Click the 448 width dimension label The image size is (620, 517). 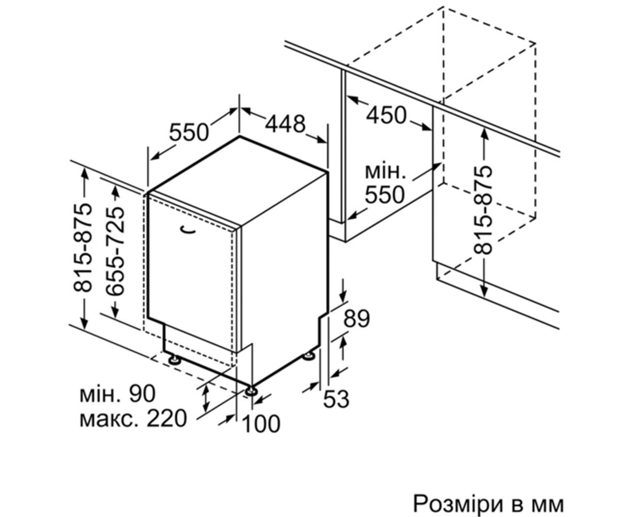285,124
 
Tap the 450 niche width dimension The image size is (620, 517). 386,115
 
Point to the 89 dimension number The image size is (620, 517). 357,319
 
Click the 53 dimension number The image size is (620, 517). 336,399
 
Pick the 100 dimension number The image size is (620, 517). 261,423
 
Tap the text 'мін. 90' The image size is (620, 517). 118,394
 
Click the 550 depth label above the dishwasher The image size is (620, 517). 189,132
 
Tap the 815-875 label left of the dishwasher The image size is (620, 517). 83,247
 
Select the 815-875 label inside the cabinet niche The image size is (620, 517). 483,210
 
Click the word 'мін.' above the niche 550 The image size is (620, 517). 385,172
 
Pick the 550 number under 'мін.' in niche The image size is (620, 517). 385,194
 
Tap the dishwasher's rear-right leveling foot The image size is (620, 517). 309,356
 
